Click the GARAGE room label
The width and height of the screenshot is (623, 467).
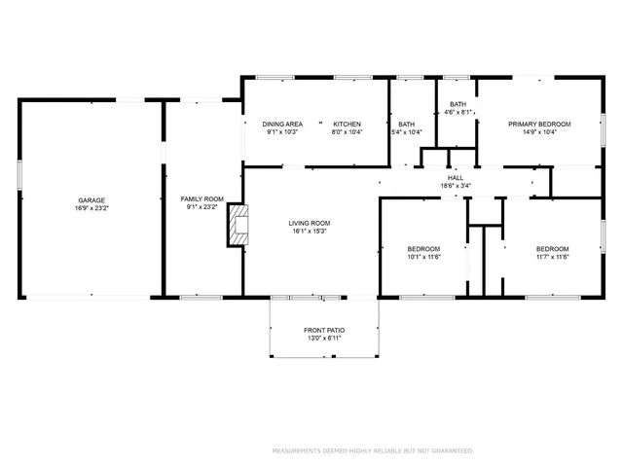[x=92, y=200]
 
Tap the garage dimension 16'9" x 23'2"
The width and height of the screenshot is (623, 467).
[x=92, y=208]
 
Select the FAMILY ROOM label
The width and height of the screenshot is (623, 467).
[x=202, y=199]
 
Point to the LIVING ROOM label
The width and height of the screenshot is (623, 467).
[x=309, y=223]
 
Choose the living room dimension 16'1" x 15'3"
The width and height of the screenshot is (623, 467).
[x=309, y=231]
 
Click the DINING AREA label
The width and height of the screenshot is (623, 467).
[x=282, y=124]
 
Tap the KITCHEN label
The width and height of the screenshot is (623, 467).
[x=348, y=124]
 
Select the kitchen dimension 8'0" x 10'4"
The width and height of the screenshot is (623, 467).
[x=348, y=131]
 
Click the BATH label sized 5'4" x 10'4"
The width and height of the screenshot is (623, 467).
[x=406, y=124]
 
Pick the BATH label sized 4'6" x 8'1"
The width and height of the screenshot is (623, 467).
[x=458, y=104]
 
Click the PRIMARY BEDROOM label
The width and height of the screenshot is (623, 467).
[x=538, y=124]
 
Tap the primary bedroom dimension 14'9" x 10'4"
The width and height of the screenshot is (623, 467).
[x=538, y=131]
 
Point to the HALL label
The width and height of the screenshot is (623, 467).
[x=456, y=177]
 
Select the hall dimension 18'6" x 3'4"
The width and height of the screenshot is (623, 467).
[x=456, y=185]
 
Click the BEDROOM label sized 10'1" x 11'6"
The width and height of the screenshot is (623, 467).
[x=423, y=248]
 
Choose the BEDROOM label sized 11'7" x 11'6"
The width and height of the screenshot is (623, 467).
[x=552, y=248]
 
